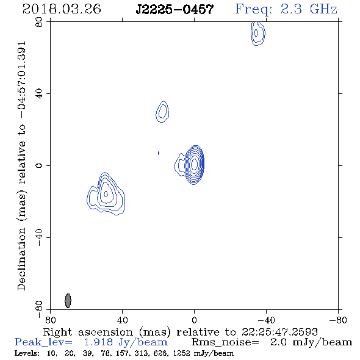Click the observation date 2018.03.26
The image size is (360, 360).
(62, 9)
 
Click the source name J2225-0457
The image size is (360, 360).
(175, 9)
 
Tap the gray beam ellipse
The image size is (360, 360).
(68, 301)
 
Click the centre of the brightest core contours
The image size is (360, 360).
(194, 164)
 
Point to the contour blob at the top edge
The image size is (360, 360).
(257, 34)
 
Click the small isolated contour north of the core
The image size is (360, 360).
(162, 112)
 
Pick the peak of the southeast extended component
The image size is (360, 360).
(106, 194)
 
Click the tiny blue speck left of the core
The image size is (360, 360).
(159, 153)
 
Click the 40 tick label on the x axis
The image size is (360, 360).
(122, 320)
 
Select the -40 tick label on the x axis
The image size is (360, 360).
(266, 320)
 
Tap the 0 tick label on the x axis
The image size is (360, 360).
(194, 320)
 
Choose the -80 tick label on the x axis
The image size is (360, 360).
(338, 320)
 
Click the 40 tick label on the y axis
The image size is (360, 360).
(39, 94)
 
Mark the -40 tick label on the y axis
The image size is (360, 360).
(39, 237)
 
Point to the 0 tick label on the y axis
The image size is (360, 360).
(39, 165)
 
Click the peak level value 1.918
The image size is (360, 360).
(98, 342)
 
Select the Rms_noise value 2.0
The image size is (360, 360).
(278, 342)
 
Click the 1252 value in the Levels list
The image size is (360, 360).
(182, 353)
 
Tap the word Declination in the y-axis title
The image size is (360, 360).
(21, 259)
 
